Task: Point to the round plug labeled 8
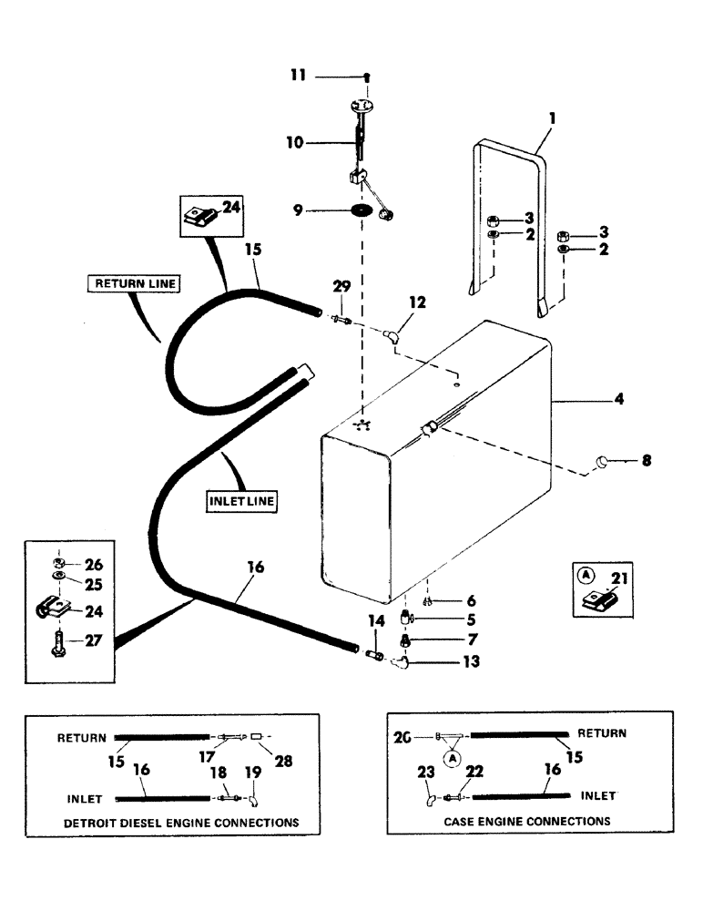pos(601,463)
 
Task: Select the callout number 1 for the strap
pos(552,118)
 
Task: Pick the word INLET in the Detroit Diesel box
pos(84,799)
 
